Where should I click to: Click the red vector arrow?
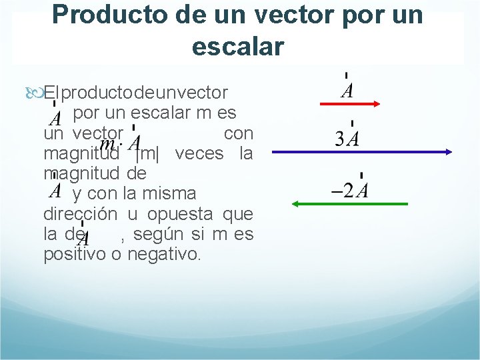350,103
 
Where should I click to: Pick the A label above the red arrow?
347,91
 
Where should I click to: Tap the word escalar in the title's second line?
237,47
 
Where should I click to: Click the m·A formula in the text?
121,144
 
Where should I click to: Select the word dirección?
81,214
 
